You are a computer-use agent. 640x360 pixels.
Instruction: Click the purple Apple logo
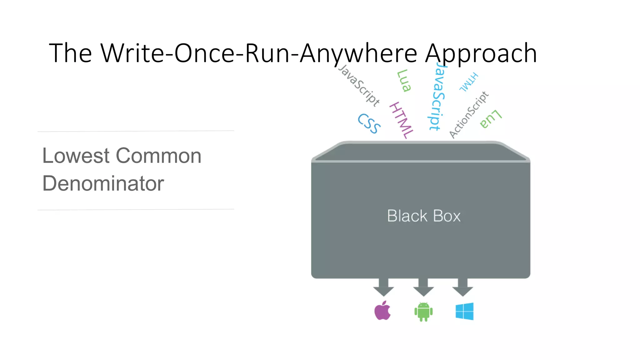382,311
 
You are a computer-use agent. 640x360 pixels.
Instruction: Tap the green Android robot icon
423,312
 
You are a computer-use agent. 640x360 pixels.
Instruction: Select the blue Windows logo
464,311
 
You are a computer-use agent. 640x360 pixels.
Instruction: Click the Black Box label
424,216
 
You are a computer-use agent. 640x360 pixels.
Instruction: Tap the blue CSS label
369,123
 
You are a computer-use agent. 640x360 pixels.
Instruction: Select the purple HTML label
402,120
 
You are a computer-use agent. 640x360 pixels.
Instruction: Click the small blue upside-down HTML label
468,82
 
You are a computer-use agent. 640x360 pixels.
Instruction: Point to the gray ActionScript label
468,115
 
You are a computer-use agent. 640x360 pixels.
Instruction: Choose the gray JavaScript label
359,85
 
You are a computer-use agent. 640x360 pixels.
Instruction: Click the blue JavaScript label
437,97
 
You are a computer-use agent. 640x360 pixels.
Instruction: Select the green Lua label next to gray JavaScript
404,81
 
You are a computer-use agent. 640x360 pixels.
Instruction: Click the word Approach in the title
481,53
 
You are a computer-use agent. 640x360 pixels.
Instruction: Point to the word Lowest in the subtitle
76,156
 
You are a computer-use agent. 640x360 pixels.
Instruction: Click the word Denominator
103,183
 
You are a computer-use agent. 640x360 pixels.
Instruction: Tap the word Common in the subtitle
159,156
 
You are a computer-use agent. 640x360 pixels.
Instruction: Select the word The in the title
70,53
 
